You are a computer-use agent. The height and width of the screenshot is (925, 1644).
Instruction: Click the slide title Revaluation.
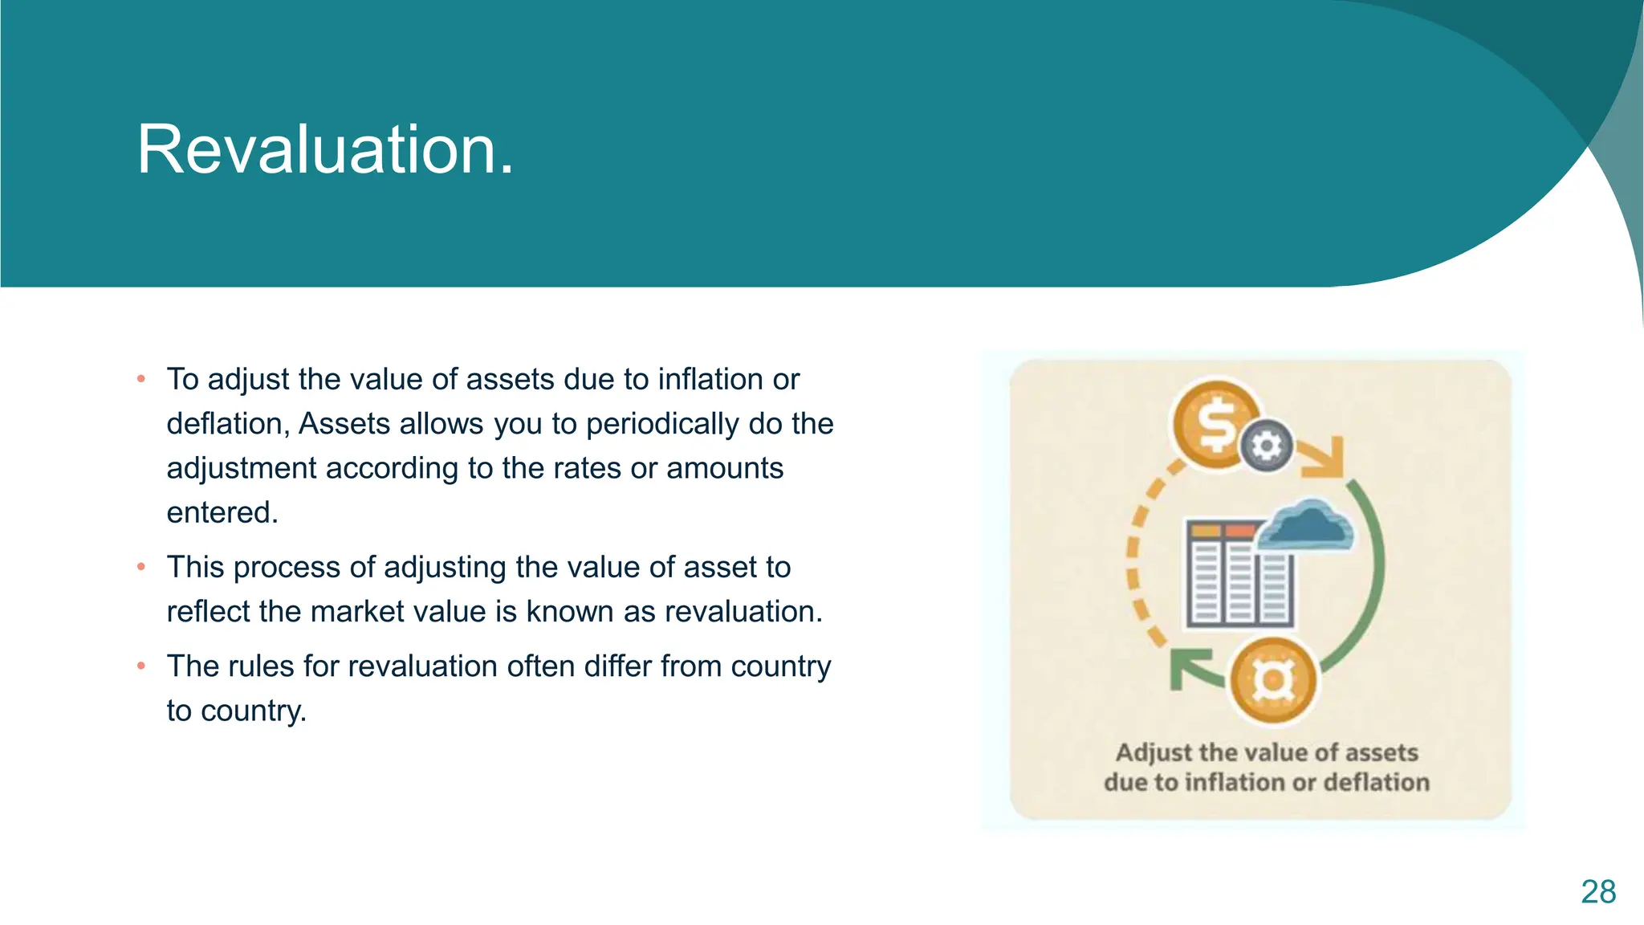tap(325, 150)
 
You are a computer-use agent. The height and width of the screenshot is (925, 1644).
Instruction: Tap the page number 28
tap(1597, 892)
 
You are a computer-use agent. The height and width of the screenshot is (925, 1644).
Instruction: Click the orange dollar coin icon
tap(1215, 425)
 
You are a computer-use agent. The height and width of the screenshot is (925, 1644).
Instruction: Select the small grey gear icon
tap(1267, 445)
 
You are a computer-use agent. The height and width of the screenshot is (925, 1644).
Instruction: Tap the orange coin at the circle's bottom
tap(1273, 680)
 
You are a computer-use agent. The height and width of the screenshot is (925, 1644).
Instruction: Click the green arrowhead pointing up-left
tap(1190, 669)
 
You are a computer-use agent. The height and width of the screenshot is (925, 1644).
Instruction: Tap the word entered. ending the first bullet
tap(222, 512)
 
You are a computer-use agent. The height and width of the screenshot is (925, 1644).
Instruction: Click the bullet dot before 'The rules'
tap(141, 666)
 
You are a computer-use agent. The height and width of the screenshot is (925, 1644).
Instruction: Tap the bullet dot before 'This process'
tap(141, 567)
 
